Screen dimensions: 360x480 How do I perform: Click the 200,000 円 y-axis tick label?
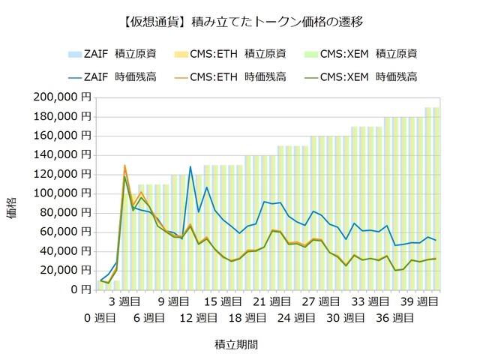tap(63, 97)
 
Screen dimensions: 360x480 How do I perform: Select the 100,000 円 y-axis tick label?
tap(63, 193)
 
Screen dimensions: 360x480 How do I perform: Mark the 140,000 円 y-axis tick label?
tap(63, 154)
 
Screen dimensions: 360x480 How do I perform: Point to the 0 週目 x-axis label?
tap(100, 318)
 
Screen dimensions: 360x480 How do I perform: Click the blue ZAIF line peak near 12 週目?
tap(190, 166)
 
